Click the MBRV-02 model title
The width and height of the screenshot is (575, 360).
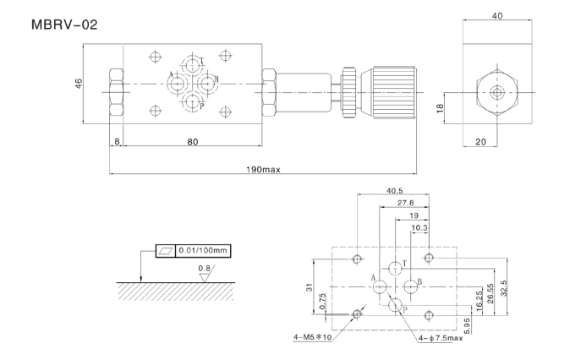tap(64, 25)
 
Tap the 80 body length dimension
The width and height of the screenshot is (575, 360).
tap(193, 141)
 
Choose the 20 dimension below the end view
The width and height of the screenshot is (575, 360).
tap(480, 142)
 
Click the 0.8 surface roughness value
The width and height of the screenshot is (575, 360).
tap(203, 269)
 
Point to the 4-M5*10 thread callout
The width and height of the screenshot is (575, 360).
tap(313, 337)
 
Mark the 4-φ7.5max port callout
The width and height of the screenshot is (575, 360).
tap(441, 338)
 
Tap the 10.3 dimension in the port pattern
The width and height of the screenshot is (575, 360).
tap(419, 227)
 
